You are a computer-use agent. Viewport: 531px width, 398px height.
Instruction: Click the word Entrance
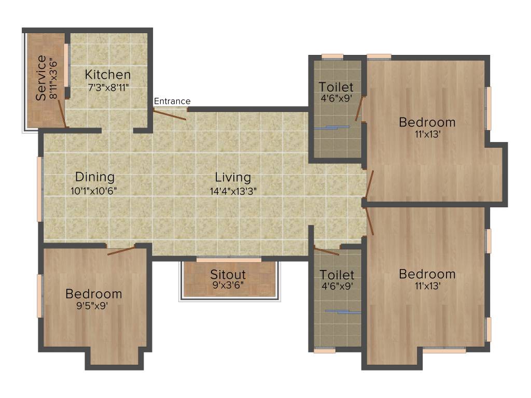click(x=172, y=101)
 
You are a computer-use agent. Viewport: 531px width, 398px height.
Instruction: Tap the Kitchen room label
click(x=108, y=74)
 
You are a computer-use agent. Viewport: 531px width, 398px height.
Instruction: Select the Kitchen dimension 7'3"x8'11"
click(x=108, y=88)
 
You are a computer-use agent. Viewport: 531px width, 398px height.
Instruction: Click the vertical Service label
click(x=41, y=81)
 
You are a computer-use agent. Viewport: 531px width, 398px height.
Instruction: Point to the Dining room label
click(x=94, y=177)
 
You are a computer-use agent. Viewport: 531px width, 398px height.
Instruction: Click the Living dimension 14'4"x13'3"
click(x=233, y=191)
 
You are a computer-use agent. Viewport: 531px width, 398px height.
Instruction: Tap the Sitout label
click(x=228, y=274)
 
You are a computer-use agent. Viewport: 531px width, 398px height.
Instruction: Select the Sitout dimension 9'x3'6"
click(x=228, y=285)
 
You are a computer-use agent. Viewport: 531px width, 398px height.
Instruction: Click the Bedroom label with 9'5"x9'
click(x=94, y=294)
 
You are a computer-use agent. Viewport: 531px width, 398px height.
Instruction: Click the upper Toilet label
click(x=336, y=87)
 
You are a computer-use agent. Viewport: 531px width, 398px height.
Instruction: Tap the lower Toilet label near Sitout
click(x=337, y=274)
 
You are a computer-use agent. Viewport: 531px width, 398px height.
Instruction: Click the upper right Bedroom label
click(x=427, y=122)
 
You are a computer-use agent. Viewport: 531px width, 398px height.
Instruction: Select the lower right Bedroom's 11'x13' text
click(x=427, y=286)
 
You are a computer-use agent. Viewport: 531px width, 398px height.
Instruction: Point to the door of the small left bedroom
click(x=121, y=251)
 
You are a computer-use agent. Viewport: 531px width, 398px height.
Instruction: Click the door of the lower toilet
click(x=326, y=252)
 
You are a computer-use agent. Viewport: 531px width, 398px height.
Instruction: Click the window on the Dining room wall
click(x=39, y=189)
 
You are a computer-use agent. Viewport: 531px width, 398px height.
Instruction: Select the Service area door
click(x=61, y=113)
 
